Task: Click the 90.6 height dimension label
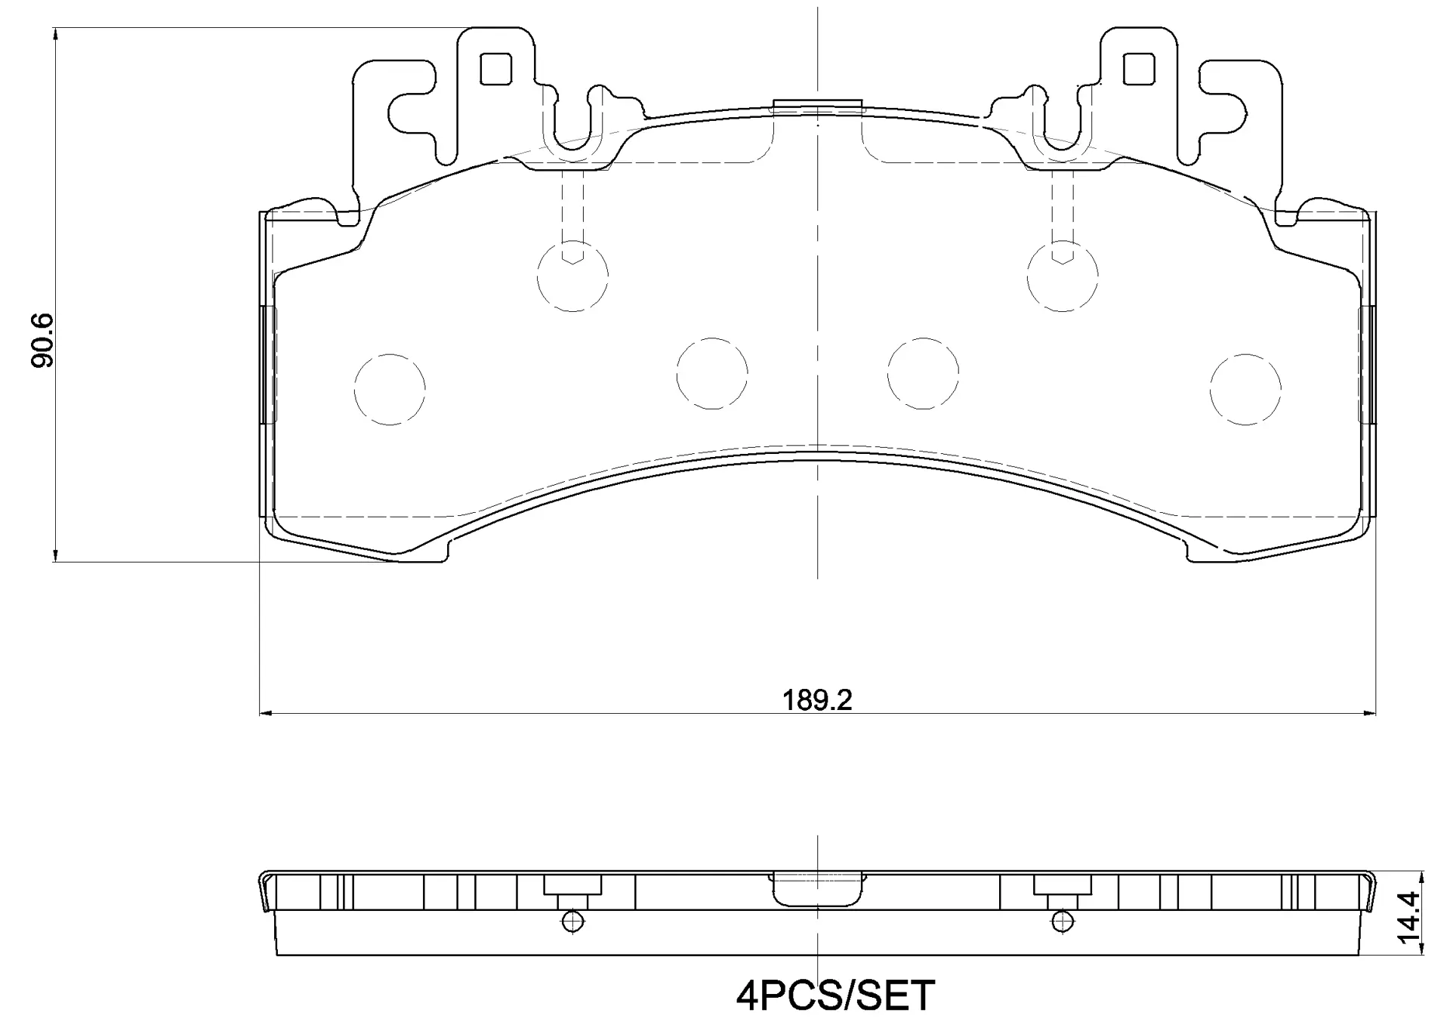tap(43, 340)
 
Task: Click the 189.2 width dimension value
tap(816, 700)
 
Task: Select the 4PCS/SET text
tap(835, 996)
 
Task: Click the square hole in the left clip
tap(495, 69)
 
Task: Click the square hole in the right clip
tap(1139, 69)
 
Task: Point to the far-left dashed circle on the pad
tap(390, 389)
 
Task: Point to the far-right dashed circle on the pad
tap(1245, 389)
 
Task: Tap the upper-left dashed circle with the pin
tap(572, 276)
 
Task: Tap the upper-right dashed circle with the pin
tap(1062, 276)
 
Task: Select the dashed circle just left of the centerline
tap(711, 373)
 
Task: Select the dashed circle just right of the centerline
tap(923, 373)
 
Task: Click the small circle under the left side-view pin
tap(572, 921)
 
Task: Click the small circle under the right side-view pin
tap(1062, 921)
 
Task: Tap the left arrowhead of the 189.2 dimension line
tap(264, 712)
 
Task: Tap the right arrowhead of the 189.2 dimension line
tap(1371, 712)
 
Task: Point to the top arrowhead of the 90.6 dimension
tap(55, 33)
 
